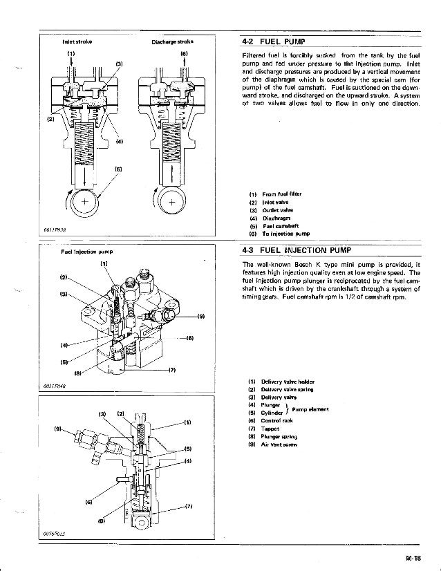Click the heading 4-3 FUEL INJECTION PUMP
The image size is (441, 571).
296,250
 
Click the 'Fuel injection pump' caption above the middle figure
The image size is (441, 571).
75,252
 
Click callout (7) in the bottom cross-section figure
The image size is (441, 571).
189,506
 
